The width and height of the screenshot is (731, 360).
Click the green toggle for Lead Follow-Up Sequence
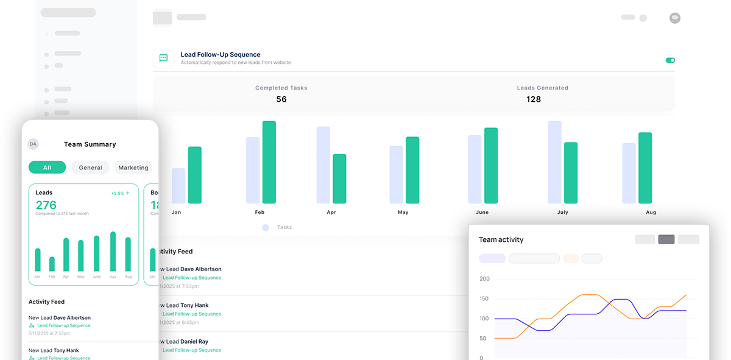(670, 60)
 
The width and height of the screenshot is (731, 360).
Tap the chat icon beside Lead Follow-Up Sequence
(163, 58)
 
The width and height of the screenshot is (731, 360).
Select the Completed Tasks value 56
(281, 99)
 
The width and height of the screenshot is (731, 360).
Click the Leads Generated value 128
(534, 99)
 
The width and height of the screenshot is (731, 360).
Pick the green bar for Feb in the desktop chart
(269, 162)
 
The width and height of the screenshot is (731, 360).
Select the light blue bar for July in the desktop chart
(554, 162)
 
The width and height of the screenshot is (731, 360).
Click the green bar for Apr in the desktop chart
(339, 178)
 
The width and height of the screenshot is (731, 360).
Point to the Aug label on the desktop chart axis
(651, 212)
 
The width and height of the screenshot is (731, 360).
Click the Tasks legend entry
(277, 227)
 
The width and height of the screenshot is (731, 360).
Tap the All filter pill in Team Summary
(47, 168)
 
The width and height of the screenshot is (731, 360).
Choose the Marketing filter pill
(133, 168)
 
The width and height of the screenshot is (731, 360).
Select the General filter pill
(90, 168)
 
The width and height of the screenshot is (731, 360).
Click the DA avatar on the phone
(33, 144)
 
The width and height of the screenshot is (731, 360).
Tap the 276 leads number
(46, 205)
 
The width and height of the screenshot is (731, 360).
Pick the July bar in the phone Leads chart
(113, 252)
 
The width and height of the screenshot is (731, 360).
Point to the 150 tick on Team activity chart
(484, 298)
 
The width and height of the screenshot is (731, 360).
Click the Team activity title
(501, 239)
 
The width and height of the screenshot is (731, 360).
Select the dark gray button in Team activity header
(666, 239)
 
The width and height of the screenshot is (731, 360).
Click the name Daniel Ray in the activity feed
(194, 342)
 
